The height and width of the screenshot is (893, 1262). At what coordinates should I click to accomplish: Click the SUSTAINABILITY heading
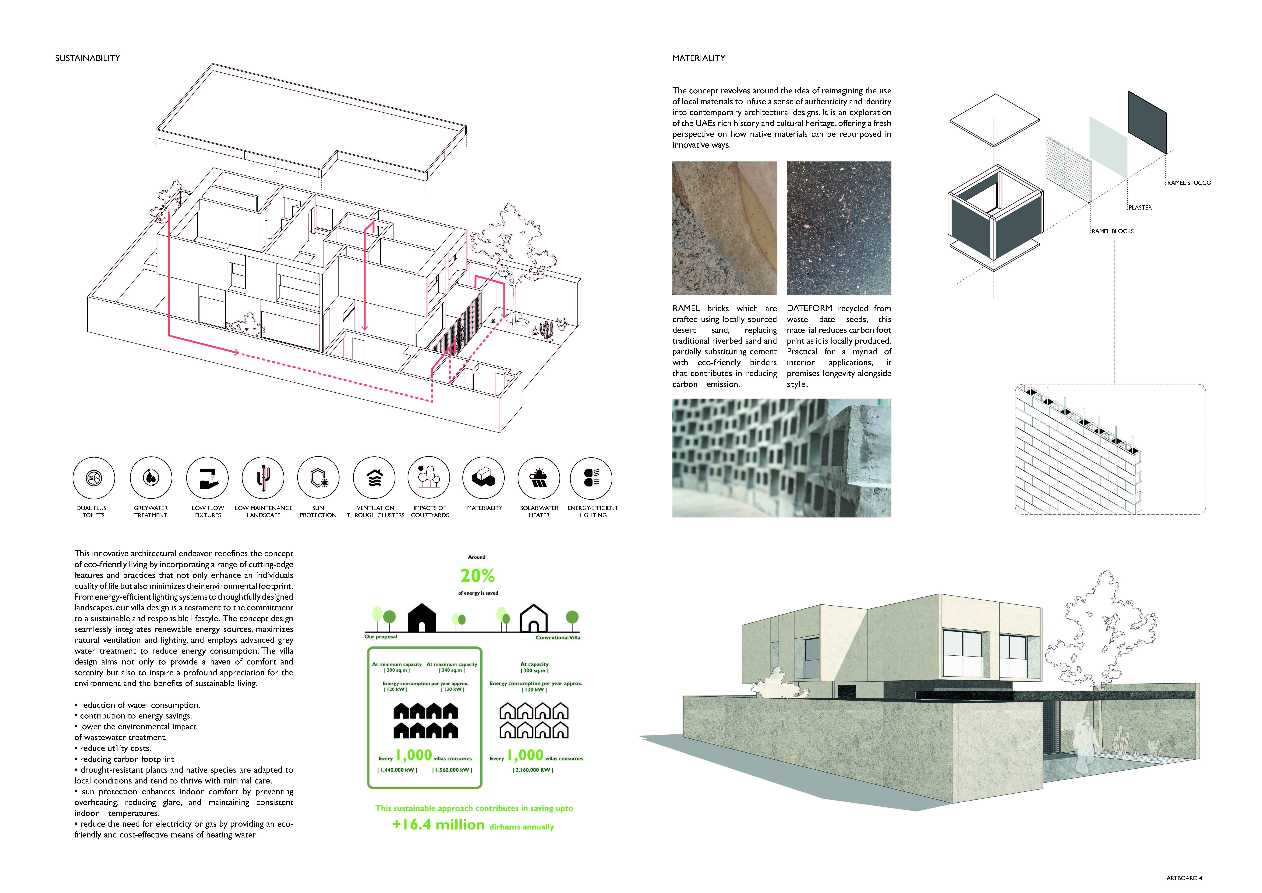[87, 58]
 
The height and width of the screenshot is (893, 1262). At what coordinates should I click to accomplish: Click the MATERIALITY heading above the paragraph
[699, 58]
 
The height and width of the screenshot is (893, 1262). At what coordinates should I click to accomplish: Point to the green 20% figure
[477, 576]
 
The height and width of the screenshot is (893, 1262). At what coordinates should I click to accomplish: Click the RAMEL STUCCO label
[1189, 183]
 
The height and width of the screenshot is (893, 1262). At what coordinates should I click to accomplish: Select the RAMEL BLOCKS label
[1112, 231]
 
